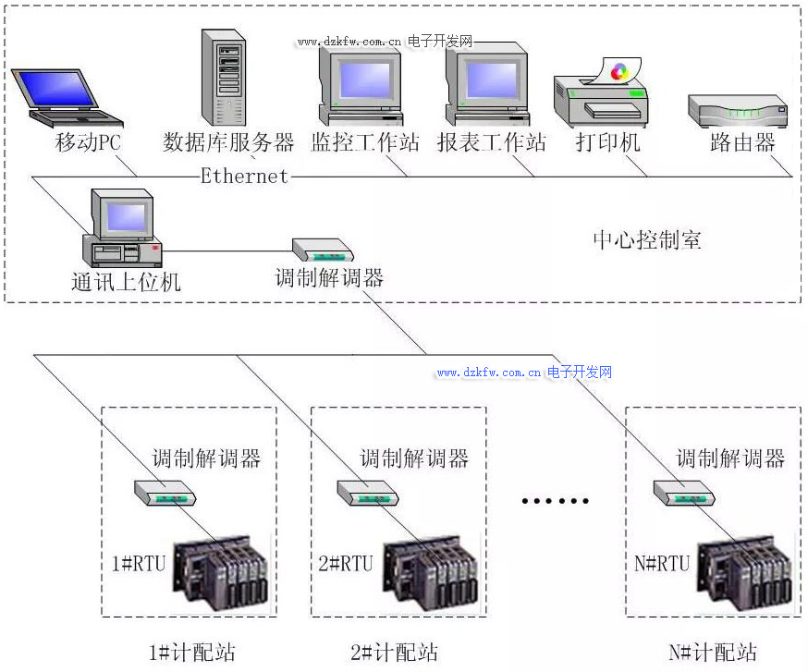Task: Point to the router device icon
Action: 738,111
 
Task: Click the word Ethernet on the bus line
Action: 245,176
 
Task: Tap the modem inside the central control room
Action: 323,250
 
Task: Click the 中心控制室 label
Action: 647,240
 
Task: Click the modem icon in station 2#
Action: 368,493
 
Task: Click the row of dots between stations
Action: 555,501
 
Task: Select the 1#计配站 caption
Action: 193,653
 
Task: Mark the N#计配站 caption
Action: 713,653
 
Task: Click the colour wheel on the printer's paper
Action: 620,70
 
